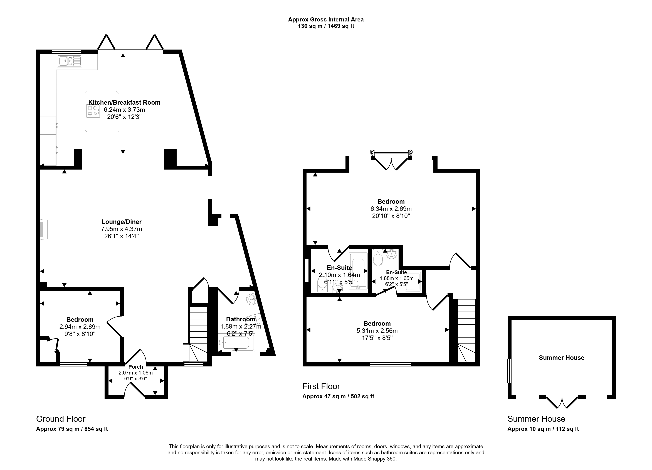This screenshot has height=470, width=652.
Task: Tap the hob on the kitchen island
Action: point(93,111)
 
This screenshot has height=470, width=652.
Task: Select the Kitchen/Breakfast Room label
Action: point(124,102)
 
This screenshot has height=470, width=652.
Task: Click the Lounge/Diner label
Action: point(121,222)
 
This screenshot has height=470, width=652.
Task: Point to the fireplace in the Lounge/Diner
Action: point(44,229)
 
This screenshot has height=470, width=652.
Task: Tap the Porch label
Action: point(135,367)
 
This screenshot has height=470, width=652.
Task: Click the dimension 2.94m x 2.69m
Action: point(80,327)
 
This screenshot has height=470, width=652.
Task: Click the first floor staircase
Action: point(466,331)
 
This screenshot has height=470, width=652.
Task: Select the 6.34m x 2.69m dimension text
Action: point(391,209)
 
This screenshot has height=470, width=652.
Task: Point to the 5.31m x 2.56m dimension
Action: point(377,331)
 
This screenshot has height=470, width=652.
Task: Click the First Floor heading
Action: point(321,386)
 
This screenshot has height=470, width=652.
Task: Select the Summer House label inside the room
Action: point(561,358)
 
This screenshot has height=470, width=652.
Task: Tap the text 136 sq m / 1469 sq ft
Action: point(326,26)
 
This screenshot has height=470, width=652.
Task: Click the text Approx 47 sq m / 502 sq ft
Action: point(338,396)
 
